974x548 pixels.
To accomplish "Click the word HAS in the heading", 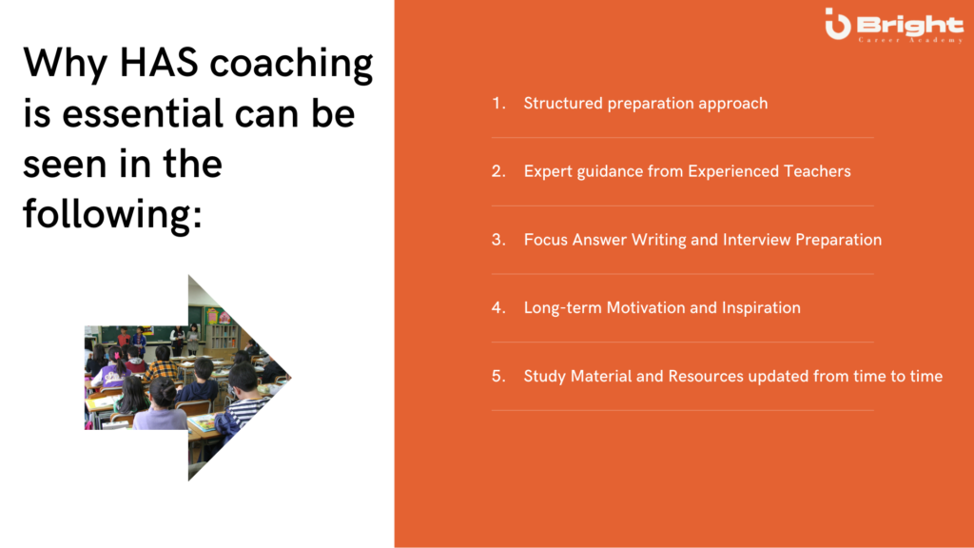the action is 159,63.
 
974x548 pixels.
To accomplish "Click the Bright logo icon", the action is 837,24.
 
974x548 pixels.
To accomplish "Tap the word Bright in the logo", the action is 910,25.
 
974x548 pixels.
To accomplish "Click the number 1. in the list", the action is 498,103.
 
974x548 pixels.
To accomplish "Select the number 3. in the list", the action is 498,240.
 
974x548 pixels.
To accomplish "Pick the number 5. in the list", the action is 498,376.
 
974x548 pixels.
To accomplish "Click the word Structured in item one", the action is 563,103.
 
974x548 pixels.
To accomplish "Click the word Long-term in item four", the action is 563,308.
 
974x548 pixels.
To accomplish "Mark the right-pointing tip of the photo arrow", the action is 291,377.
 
